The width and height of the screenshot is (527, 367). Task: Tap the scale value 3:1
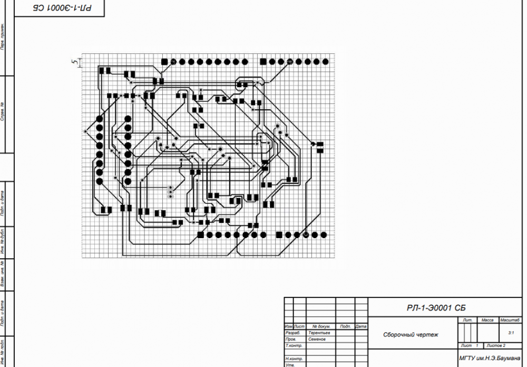coord(511,333)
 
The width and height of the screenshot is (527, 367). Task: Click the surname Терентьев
coord(319,333)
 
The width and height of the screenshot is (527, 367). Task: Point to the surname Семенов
coord(317,339)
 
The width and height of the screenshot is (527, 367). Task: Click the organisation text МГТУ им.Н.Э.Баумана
coord(490,358)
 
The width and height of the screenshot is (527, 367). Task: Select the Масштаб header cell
coord(510,321)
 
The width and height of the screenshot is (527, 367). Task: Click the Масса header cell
coord(487,321)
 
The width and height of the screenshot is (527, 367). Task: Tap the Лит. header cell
coord(467,321)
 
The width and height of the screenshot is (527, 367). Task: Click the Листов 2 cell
coord(496,345)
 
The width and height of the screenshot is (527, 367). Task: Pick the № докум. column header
coord(321,327)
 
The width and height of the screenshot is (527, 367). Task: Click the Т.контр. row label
coord(293,345)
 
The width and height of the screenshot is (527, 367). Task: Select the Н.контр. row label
coord(293,358)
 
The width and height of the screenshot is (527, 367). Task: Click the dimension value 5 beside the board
coord(75,62)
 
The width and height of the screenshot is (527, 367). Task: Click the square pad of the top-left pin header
coord(164,62)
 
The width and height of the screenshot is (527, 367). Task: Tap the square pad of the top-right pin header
coord(263,62)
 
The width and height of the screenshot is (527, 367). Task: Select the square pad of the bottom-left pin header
coord(200,234)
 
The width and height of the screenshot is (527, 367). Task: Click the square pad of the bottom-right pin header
coord(279,234)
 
